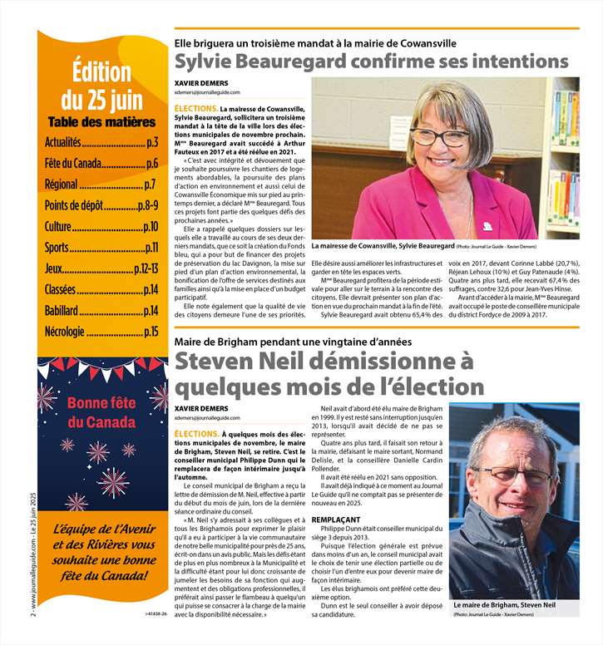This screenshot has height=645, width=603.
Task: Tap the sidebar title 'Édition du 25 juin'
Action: click(x=101, y=86)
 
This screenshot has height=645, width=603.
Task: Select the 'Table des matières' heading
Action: click(x=101, y=121)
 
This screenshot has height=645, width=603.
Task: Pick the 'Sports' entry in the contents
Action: click(x=57, y=247)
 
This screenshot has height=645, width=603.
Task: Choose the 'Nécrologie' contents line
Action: click(x=65, y=331)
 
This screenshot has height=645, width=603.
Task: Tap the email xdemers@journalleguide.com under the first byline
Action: click(x=207, y=92)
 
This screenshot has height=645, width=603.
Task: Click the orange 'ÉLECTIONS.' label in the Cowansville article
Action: click(x=195, y=109)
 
